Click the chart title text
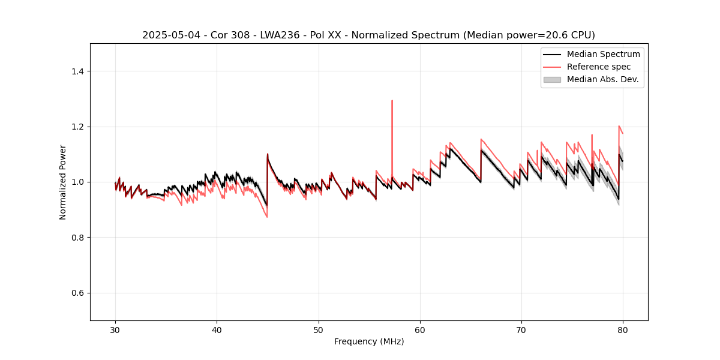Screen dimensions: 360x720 (368, 35)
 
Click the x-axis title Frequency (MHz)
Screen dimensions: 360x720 (369, 341)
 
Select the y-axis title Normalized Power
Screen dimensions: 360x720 (63, 182)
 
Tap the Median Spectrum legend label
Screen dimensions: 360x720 (603, 54)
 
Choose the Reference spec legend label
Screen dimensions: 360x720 (599, 67)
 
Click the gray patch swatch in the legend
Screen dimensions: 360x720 (552, 79)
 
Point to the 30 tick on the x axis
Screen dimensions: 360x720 (115, 330)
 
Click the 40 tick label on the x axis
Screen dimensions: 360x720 (217, 330)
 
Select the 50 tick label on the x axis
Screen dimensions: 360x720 (319, 330)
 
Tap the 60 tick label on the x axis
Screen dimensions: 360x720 (420, 330)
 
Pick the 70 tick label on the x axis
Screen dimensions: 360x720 (521, 330)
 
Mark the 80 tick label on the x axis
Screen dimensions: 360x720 (623, 330)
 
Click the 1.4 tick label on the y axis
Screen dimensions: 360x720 (77, 71)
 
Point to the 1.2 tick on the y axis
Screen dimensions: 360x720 (77, 127)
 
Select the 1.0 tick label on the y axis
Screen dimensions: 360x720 (77, 182)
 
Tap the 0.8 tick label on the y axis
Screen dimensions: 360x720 (77, 238)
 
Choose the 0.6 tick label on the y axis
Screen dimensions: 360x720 (77, 293)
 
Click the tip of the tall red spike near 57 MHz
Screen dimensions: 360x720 (392, 101)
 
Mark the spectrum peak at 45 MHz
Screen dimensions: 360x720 (268, 154)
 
